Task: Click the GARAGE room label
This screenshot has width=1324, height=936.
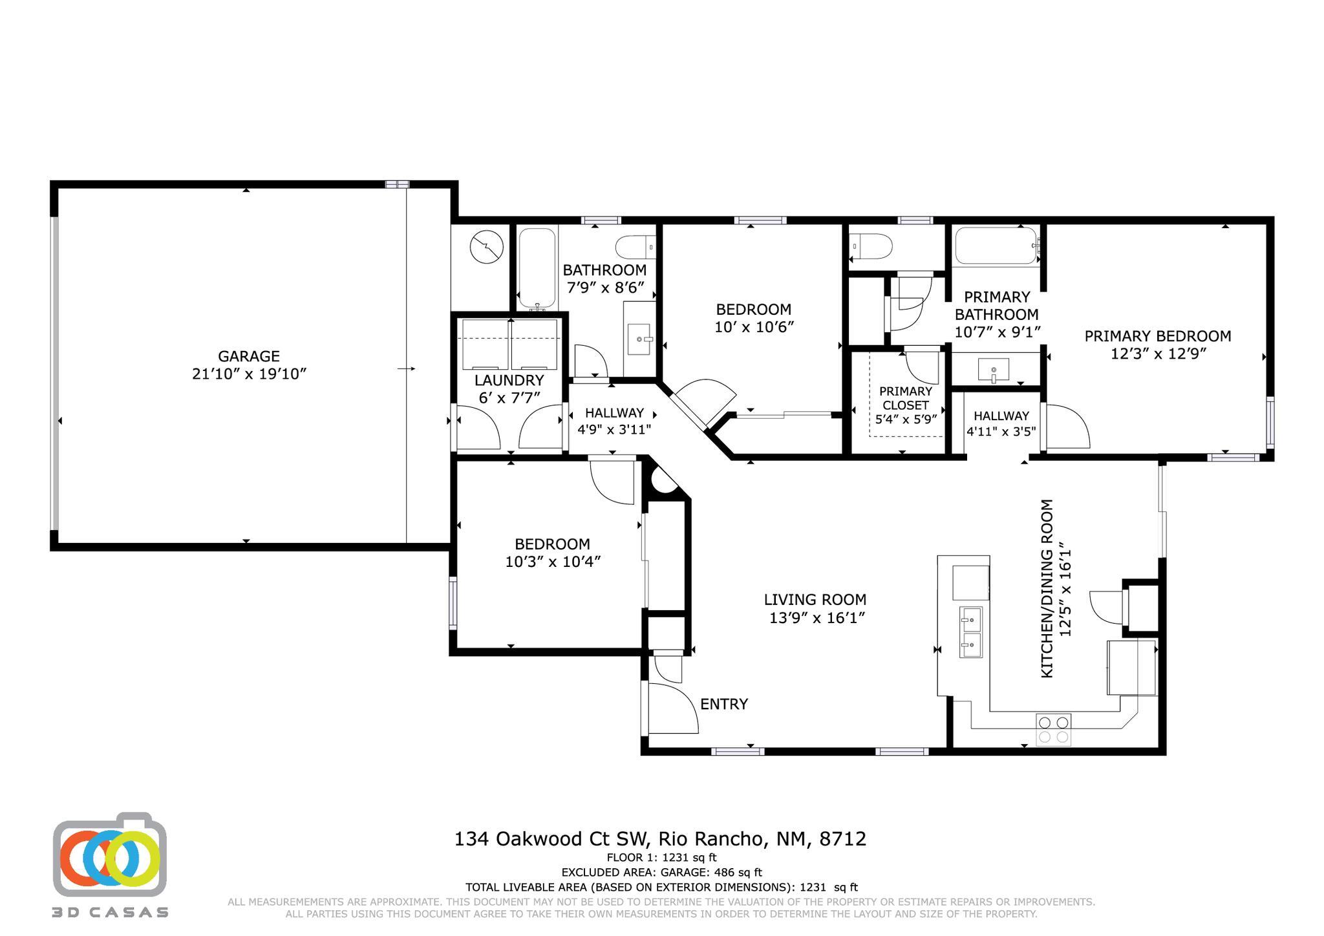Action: pyautogui.click(x=248, y=356)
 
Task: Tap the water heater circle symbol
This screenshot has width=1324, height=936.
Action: pyautogui.click(x=486, y=247)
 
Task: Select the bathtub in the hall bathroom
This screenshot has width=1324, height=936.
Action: pyautogui.click(x=537, y=268)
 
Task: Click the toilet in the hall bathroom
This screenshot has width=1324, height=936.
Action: pyautogui.click(x=635, y=246)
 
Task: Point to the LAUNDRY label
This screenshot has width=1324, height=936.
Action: pyautogui.click(x=509, y=381)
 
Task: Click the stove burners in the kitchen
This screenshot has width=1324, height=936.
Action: pyautogui.click(x=1053, y=729)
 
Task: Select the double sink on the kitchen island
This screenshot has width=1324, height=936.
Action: pyautogui.click(x=970, y=632)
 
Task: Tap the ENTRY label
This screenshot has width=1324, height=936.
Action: pyautogui.click(x=724, y=704)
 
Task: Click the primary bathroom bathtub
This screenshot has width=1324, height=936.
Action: pyautogui.click(x=996, y=246)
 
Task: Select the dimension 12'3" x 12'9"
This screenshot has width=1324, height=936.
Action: pyautogui.click(x=1158, y=354)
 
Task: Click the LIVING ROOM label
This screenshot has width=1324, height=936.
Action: pyautogui.click(x=815, y=600)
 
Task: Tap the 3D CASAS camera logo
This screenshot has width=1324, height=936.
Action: pyautogui.click(x=110, y=856)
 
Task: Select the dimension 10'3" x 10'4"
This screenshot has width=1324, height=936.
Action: pyautogui.click(x=553, y=562)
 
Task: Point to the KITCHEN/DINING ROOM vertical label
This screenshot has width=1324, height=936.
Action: pyautogui.click(x=1047, y=588)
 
